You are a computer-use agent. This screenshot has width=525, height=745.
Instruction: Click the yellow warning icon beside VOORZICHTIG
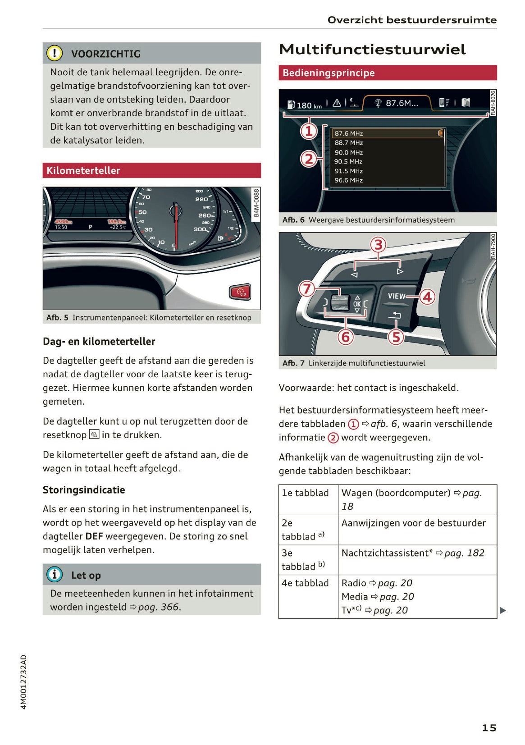(x=55, y=54)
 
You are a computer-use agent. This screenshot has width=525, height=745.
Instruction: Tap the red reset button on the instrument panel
(x=240, y=292)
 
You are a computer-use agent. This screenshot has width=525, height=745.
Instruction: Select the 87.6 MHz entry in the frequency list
(x=349, y=133)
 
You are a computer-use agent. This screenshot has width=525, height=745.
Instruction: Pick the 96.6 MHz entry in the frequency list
(x=349, y=180)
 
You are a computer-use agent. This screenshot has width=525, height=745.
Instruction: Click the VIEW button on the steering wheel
(x=396, y=296)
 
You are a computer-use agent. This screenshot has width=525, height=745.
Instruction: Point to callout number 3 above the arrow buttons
(x=378, y=245)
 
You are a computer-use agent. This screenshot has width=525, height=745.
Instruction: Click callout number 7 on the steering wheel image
(x=307, y=288)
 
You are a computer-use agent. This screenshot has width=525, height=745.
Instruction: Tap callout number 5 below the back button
(x=396, y=337)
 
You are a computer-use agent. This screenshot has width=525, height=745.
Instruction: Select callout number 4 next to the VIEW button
(x=427, y=297)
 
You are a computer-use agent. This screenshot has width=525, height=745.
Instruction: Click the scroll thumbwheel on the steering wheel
(x=340, y=302)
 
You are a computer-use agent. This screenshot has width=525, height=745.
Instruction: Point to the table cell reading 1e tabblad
(x=306, y=493)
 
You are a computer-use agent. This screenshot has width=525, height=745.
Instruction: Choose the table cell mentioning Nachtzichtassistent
(x=413, y=553)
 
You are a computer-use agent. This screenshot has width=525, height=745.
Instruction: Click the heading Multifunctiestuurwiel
(x=372, y=50)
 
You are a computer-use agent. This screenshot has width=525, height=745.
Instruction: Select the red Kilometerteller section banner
(x=151, y=170)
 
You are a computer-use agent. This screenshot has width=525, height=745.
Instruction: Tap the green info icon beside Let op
(x=55, y=575)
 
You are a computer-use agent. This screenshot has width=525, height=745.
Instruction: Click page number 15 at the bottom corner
(x=489, y=727)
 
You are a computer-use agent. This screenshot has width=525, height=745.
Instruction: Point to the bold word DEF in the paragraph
(x=94, y=536)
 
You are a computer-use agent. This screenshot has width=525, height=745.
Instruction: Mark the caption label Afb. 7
(x=293, y=363)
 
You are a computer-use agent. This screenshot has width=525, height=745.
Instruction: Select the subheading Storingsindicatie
(x=84, y=490)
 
